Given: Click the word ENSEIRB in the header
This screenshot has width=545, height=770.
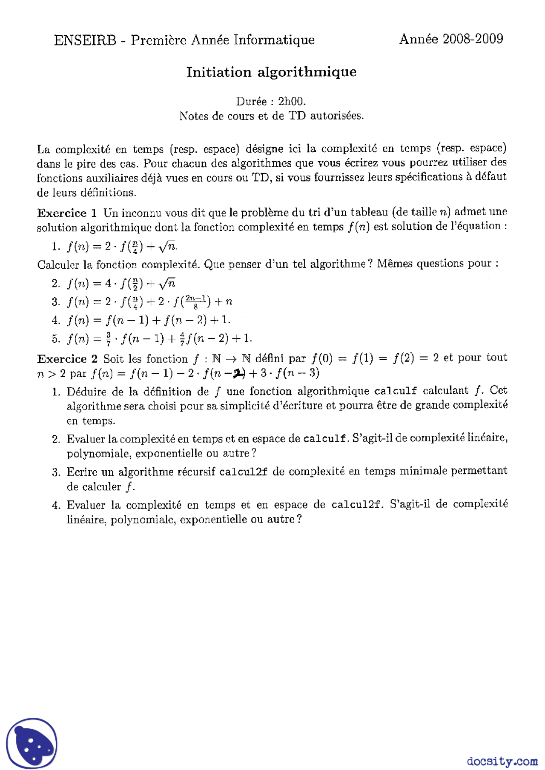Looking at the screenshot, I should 85,40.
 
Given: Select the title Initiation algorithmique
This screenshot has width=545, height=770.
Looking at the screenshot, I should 271,72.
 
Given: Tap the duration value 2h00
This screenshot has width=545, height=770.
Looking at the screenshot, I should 292,101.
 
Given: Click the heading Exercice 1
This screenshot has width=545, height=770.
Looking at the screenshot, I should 67,213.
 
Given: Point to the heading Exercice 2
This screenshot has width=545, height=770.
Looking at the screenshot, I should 67,359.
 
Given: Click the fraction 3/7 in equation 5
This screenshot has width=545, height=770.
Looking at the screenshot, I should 109,339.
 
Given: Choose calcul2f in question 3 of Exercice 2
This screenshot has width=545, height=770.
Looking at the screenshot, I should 243,472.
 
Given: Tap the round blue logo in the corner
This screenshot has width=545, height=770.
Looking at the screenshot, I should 32,743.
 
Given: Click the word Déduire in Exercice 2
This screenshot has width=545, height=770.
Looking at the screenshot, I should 86,391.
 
